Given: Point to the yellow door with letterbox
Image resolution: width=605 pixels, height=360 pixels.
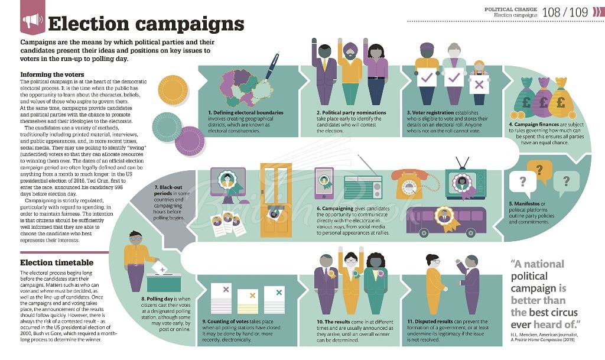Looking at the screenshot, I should [276, 200].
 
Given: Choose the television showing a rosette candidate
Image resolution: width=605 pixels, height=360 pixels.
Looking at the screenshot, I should [465, 183].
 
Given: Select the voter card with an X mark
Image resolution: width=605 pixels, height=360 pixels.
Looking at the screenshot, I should [479, 85].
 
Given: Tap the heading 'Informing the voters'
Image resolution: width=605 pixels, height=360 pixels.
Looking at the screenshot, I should [51, 74].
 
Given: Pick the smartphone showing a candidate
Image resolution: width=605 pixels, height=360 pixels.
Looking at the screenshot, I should [324, 183].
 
